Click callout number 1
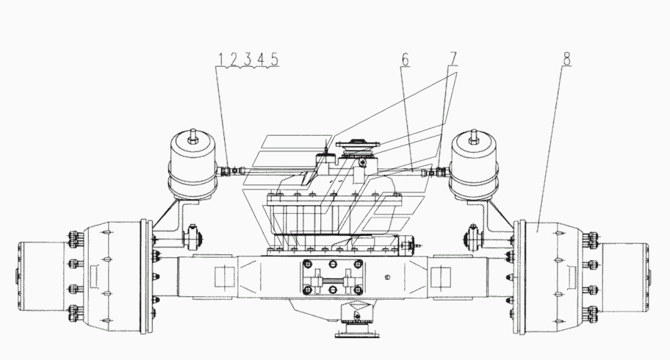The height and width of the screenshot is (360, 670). (221, 59)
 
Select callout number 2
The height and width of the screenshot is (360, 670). (234, 59)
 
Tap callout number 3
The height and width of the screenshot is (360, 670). (248, 59)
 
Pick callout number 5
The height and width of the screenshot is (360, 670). (274, 59)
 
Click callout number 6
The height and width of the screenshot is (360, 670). (406, 59)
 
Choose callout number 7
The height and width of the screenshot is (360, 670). (453, 59)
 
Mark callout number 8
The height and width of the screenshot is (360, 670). (566, 59)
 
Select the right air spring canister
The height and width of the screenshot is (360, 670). (473, 168)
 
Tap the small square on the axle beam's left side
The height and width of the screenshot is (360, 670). (224, 277)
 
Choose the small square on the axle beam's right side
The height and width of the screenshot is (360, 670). (441, 277)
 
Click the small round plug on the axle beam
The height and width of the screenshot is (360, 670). (388, 277)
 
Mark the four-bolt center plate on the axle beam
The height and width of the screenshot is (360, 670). (333, 277)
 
